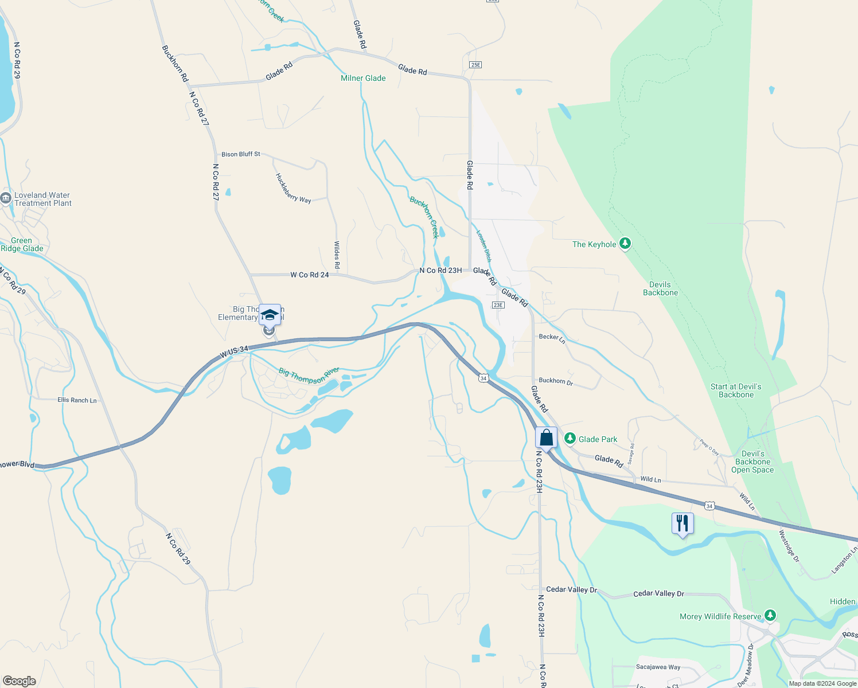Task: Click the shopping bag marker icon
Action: pyautogui.click(x=546, y=438)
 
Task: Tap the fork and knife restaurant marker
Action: pyautogui.click(x=682, y=523)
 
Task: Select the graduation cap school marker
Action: pyautogui.click(x=270, y=315)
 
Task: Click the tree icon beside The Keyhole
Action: pyautogui.click(x=625, y=244)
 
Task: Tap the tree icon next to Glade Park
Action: pyautogui.click(x=570, y=439)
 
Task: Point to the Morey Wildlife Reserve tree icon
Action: pyautogui.click(x=770, y=616)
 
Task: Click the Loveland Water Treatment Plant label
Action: pyautogui.click(x=42, y=199)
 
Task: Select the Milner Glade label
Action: pyautogui.click(x=363, y=78)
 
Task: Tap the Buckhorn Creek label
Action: pyautogui.click(x=424, y=216)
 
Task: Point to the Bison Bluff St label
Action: pyautogui.click(x=240, y=154)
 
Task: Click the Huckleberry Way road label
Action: pyautogui.click(x=293, y=188)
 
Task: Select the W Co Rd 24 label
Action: pyautogui.click(x=309, y=275)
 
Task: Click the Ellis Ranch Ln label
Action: pyautogui.click(x=77, y=400)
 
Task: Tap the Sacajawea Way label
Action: pyautogui.click(x=658, y=667)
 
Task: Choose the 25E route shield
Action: pyautogui.click(x=475, y=65)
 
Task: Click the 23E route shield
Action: pyautogui.click(x=498, y=305)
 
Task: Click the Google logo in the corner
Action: pyautogui.click(x=19, y=681)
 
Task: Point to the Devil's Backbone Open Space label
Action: pyautogui.click(x=752, y=462)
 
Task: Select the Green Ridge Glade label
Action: pyautogui.click(x=22, y=244)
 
